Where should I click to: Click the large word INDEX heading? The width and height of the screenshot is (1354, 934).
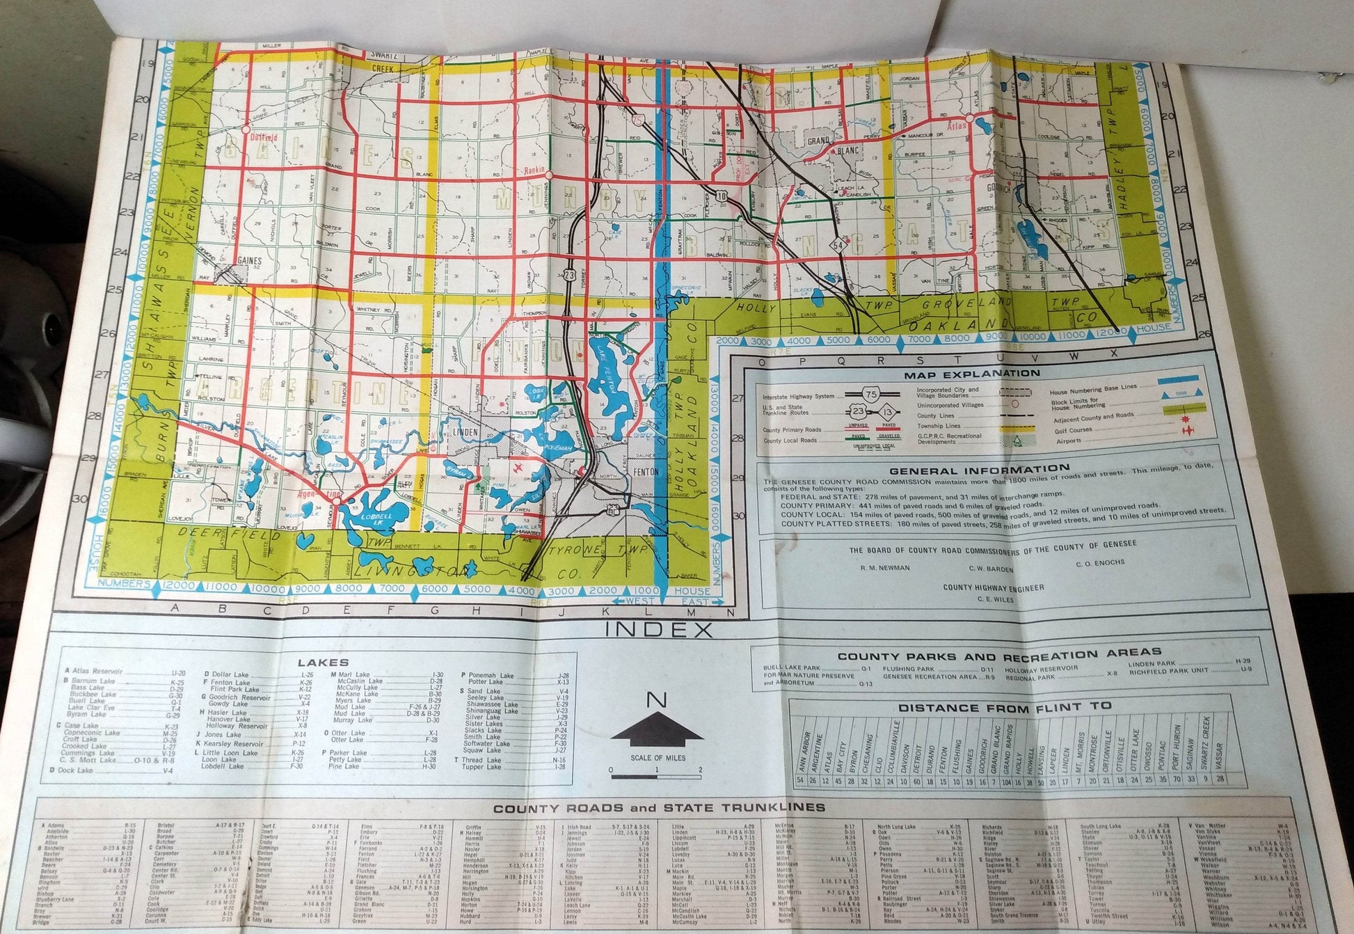pyautogui.click(x=660, y=631)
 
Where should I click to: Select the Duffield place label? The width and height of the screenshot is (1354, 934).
pyautogui.click(x=264, y=137)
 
